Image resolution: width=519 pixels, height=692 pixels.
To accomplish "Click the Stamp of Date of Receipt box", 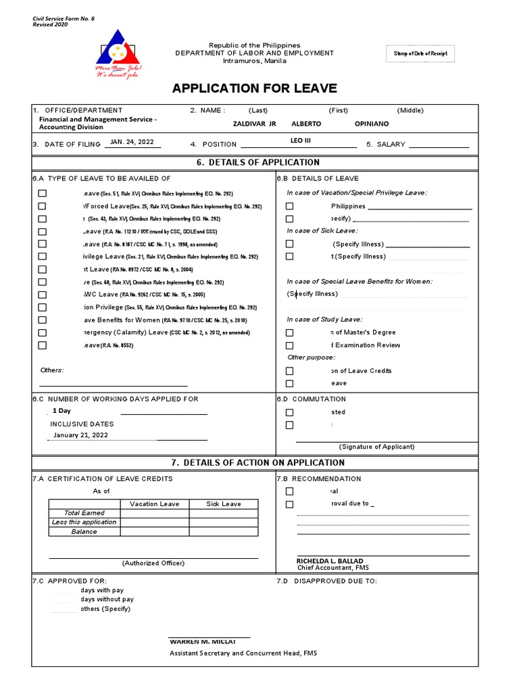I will tap(420, 54).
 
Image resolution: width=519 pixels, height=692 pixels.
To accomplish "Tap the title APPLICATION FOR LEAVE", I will tap(254, 89).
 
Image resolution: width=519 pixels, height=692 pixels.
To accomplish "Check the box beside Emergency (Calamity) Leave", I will tap(43, 332).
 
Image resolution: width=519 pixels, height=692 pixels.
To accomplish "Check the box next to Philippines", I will tap(289, 206).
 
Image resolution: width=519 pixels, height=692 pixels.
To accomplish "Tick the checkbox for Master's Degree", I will tap(289, 332).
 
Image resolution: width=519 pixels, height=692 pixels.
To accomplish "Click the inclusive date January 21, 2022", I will tap(80, 435).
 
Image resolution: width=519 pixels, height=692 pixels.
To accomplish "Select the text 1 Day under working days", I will tap(61, 411).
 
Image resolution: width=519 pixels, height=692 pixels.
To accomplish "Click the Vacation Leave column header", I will tap(154, 503).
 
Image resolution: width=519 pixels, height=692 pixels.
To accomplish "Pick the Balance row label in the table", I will tap(84, 532).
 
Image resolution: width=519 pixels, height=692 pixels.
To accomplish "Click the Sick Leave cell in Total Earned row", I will tap(223, 513).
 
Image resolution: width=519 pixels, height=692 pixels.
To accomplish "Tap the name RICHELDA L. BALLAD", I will tap(329, 561).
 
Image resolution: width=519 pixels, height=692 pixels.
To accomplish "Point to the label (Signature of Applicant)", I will tap(376, 447).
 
